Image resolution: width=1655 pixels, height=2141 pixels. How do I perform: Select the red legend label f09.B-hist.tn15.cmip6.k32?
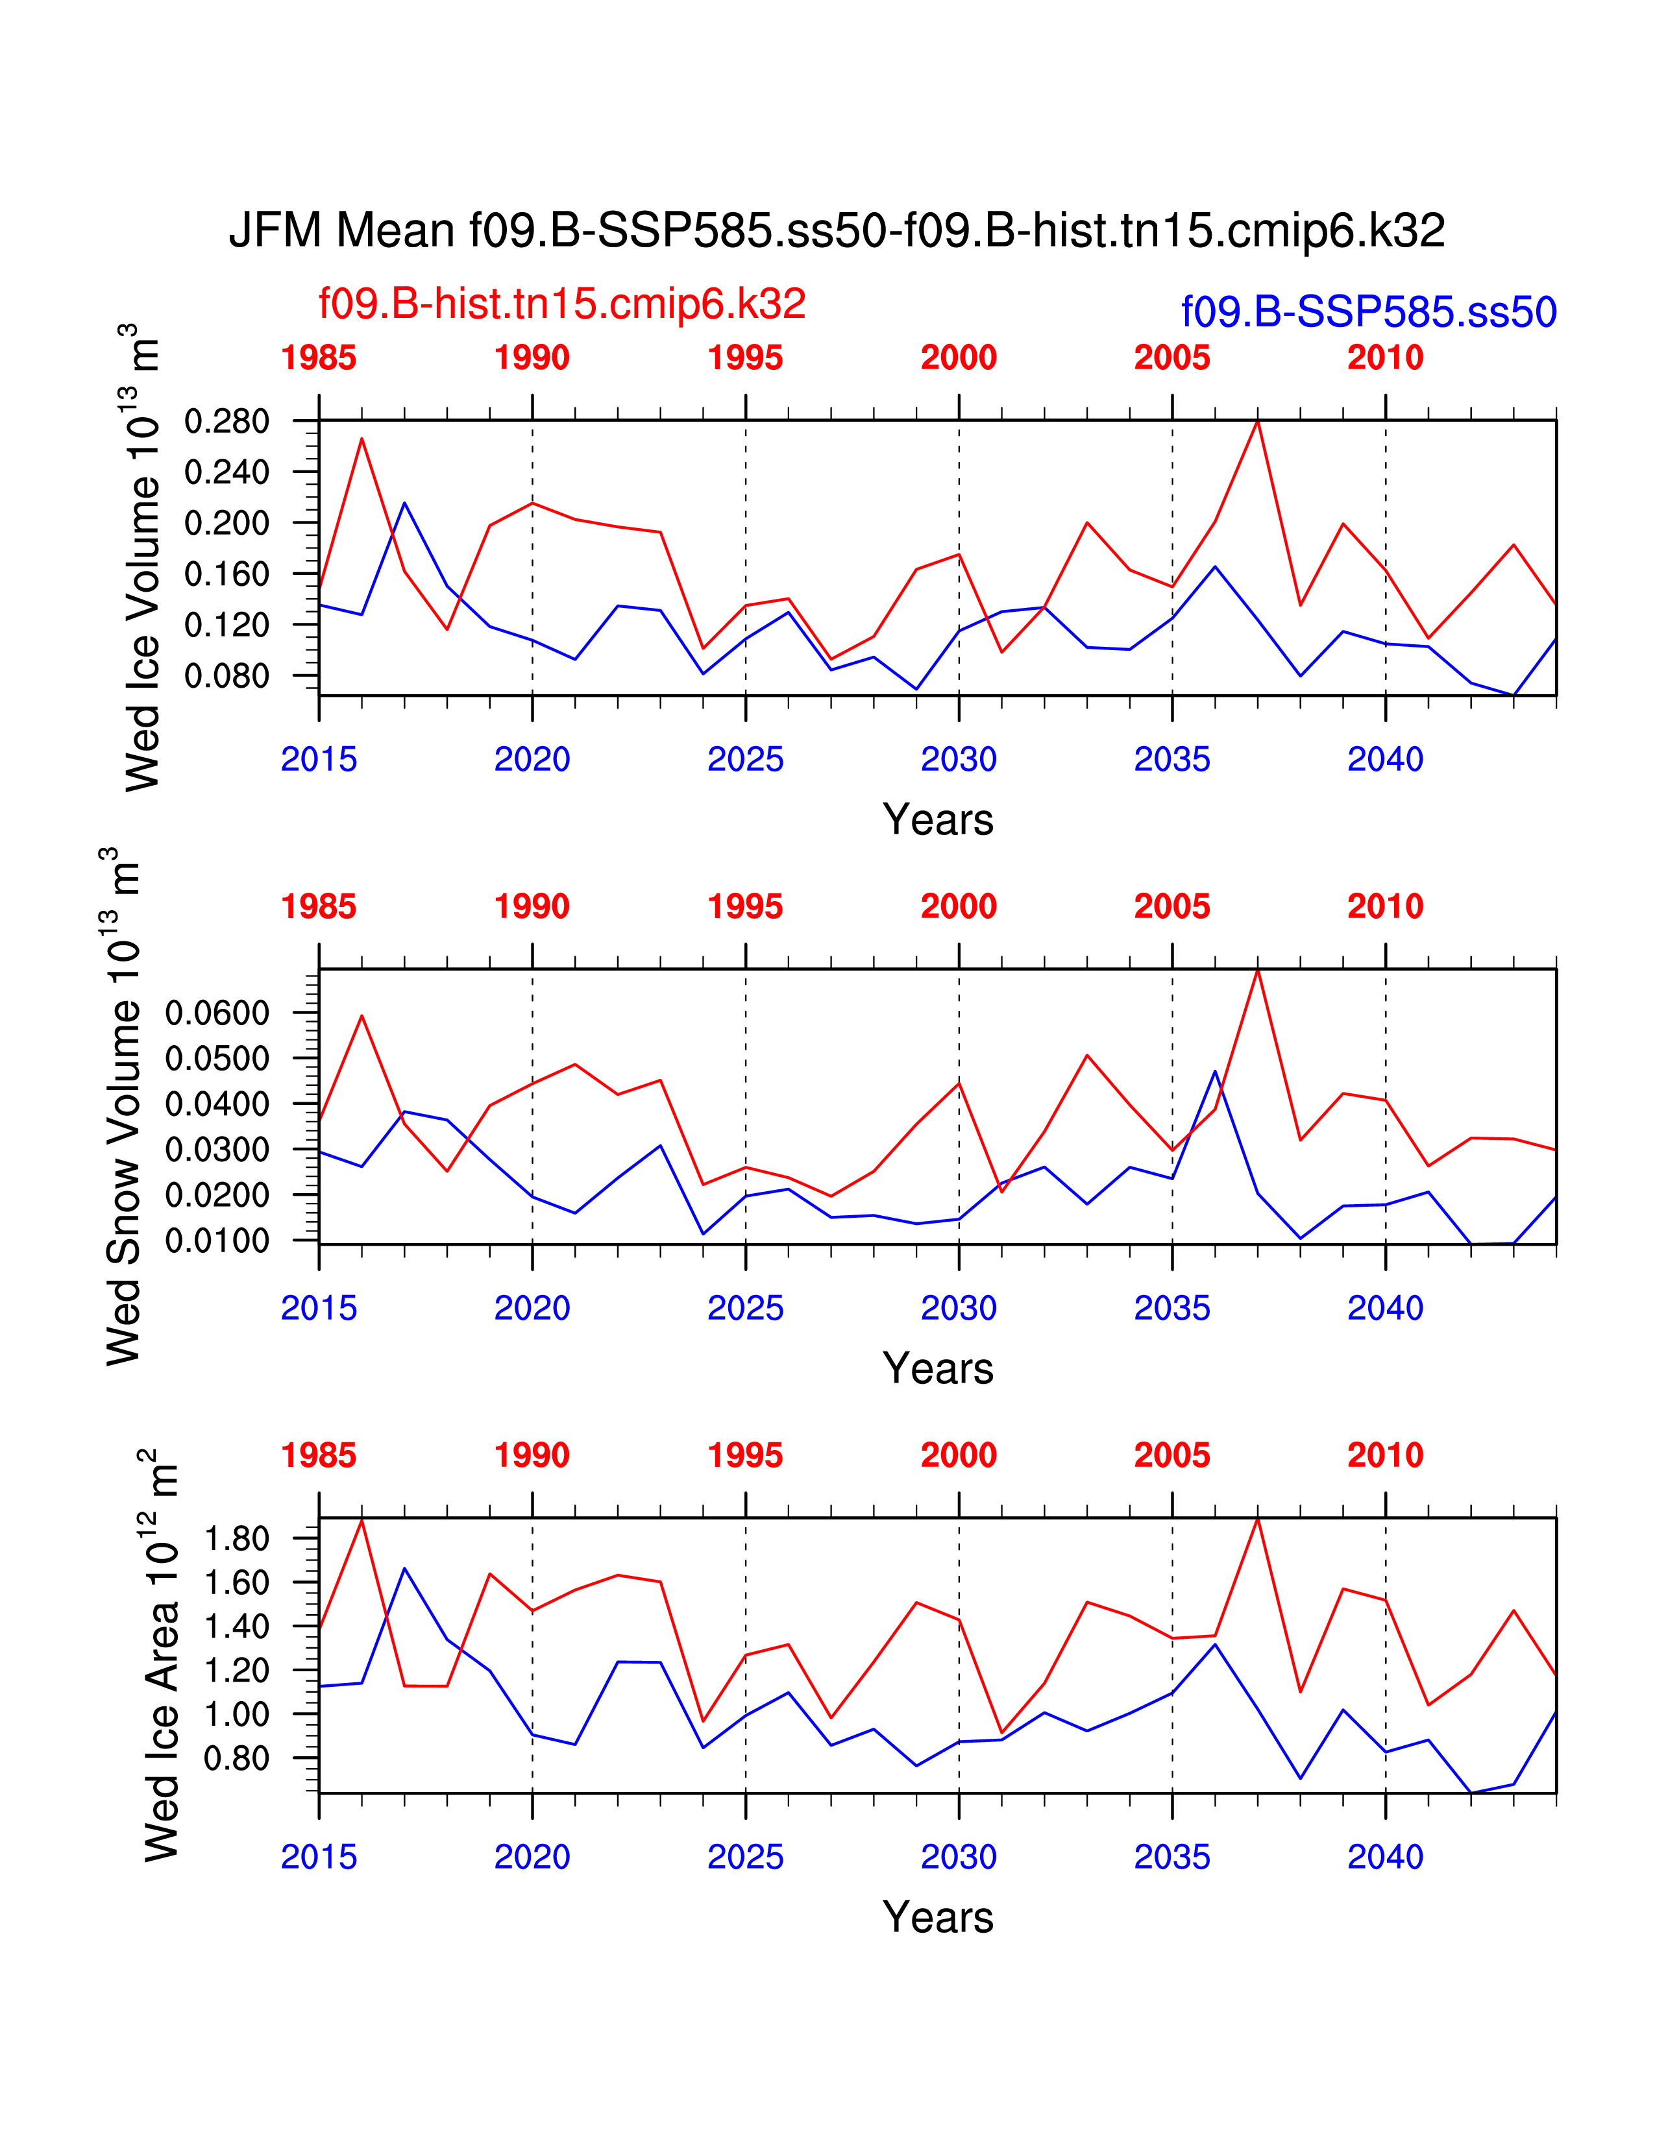(x=562, y=304)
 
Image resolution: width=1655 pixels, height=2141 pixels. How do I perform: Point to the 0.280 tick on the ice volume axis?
(x=227, y=422)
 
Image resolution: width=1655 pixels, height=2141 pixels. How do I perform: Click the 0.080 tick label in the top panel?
(x=227, y=675)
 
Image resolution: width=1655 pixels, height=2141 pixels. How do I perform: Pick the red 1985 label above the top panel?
(x=319, y=358)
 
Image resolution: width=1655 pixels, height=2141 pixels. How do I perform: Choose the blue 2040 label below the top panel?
(x=1384, y=759)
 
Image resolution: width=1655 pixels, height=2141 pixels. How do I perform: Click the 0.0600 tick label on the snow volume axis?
(x=217, y=1013)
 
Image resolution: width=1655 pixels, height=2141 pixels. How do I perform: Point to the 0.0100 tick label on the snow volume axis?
(x=217, y=1240)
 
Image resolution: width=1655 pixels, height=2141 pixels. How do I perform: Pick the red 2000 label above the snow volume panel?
(x=958, y=907)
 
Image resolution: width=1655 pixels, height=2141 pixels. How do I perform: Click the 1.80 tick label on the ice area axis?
(x=236, y=1538)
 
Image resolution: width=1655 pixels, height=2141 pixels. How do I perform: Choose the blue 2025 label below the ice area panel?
(x=745, y=1857)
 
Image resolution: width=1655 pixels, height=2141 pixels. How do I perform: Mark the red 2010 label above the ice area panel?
(x=1384, y=1456)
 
